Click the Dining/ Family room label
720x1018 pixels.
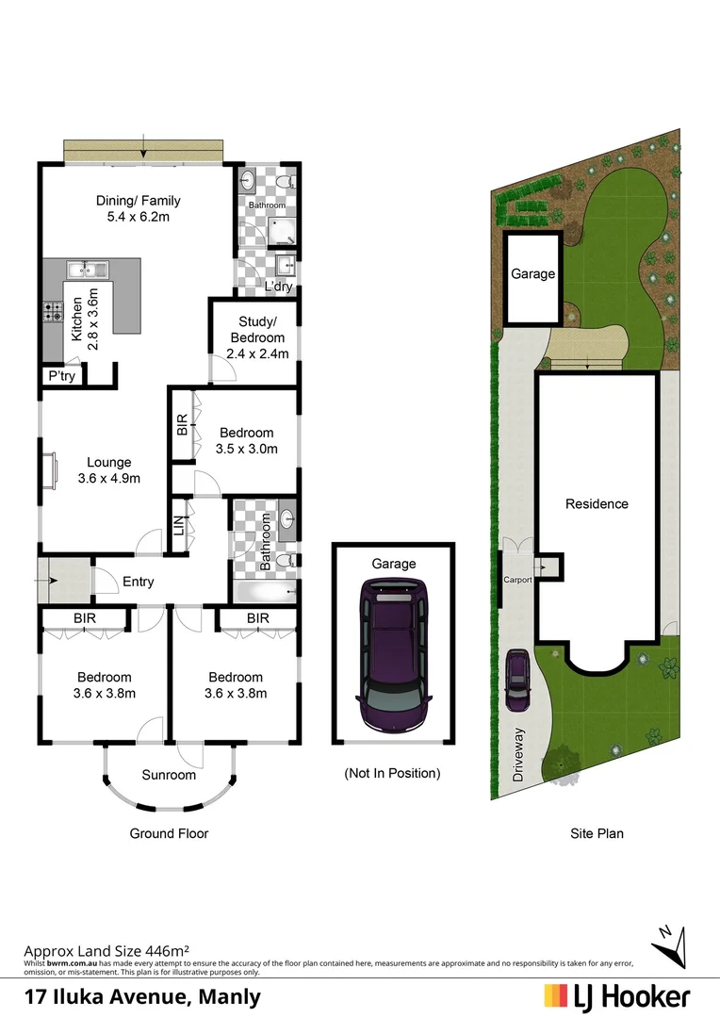click(139, 201)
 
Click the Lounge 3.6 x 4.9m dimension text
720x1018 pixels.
click(109, 478)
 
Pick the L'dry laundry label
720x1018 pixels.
click(278, 287)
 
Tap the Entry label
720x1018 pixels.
click(139, 582)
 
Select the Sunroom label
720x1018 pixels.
click(169, 775)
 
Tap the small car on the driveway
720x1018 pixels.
click(516, 681)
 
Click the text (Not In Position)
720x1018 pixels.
click(393, 773)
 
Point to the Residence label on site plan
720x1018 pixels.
click(597, 503)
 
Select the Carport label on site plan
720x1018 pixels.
click(517, 580)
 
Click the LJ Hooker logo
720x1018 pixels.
click(617, 996)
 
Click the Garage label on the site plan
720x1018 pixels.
click(532, 274)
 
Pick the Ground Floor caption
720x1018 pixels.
click(169, 833)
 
